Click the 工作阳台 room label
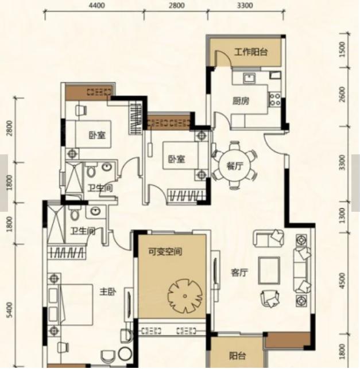click(x=251, y=52)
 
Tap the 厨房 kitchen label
click(x=241, y=101)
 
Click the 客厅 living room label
click(x=239, y=273)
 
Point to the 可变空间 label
click(x=165, y=252)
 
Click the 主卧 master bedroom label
click(x=108, y=292)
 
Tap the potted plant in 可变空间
click(x=185, y=296)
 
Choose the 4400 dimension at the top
click(x=97, y=5)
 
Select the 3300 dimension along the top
click(x=245, y=5)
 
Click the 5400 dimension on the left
click(x=9, y=310)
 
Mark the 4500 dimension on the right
click(x=342, y=281)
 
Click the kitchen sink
click(x=249, y=78)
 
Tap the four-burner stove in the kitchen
click(x=275, y=99)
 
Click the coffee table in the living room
click(x=269, y=270)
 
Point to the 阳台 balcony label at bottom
click(x=237, y=356)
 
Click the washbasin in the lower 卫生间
click(x=95, y=211)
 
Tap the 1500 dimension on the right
click(x=342, y=49)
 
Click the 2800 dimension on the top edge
click(x=176, y=5)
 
